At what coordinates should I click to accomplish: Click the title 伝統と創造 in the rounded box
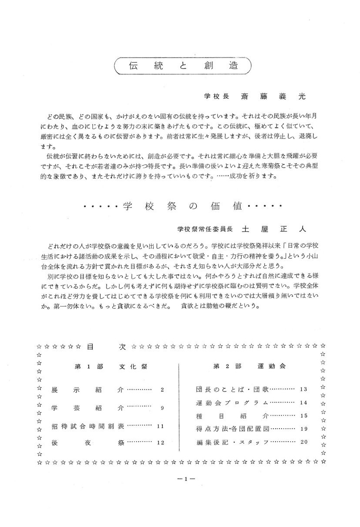(183, 66)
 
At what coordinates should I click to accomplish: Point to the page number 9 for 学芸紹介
(162, 409)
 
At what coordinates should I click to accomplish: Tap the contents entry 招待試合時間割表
(87, 426)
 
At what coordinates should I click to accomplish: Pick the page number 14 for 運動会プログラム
(303, 403)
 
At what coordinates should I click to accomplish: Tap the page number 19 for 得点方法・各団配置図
(303, 429)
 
